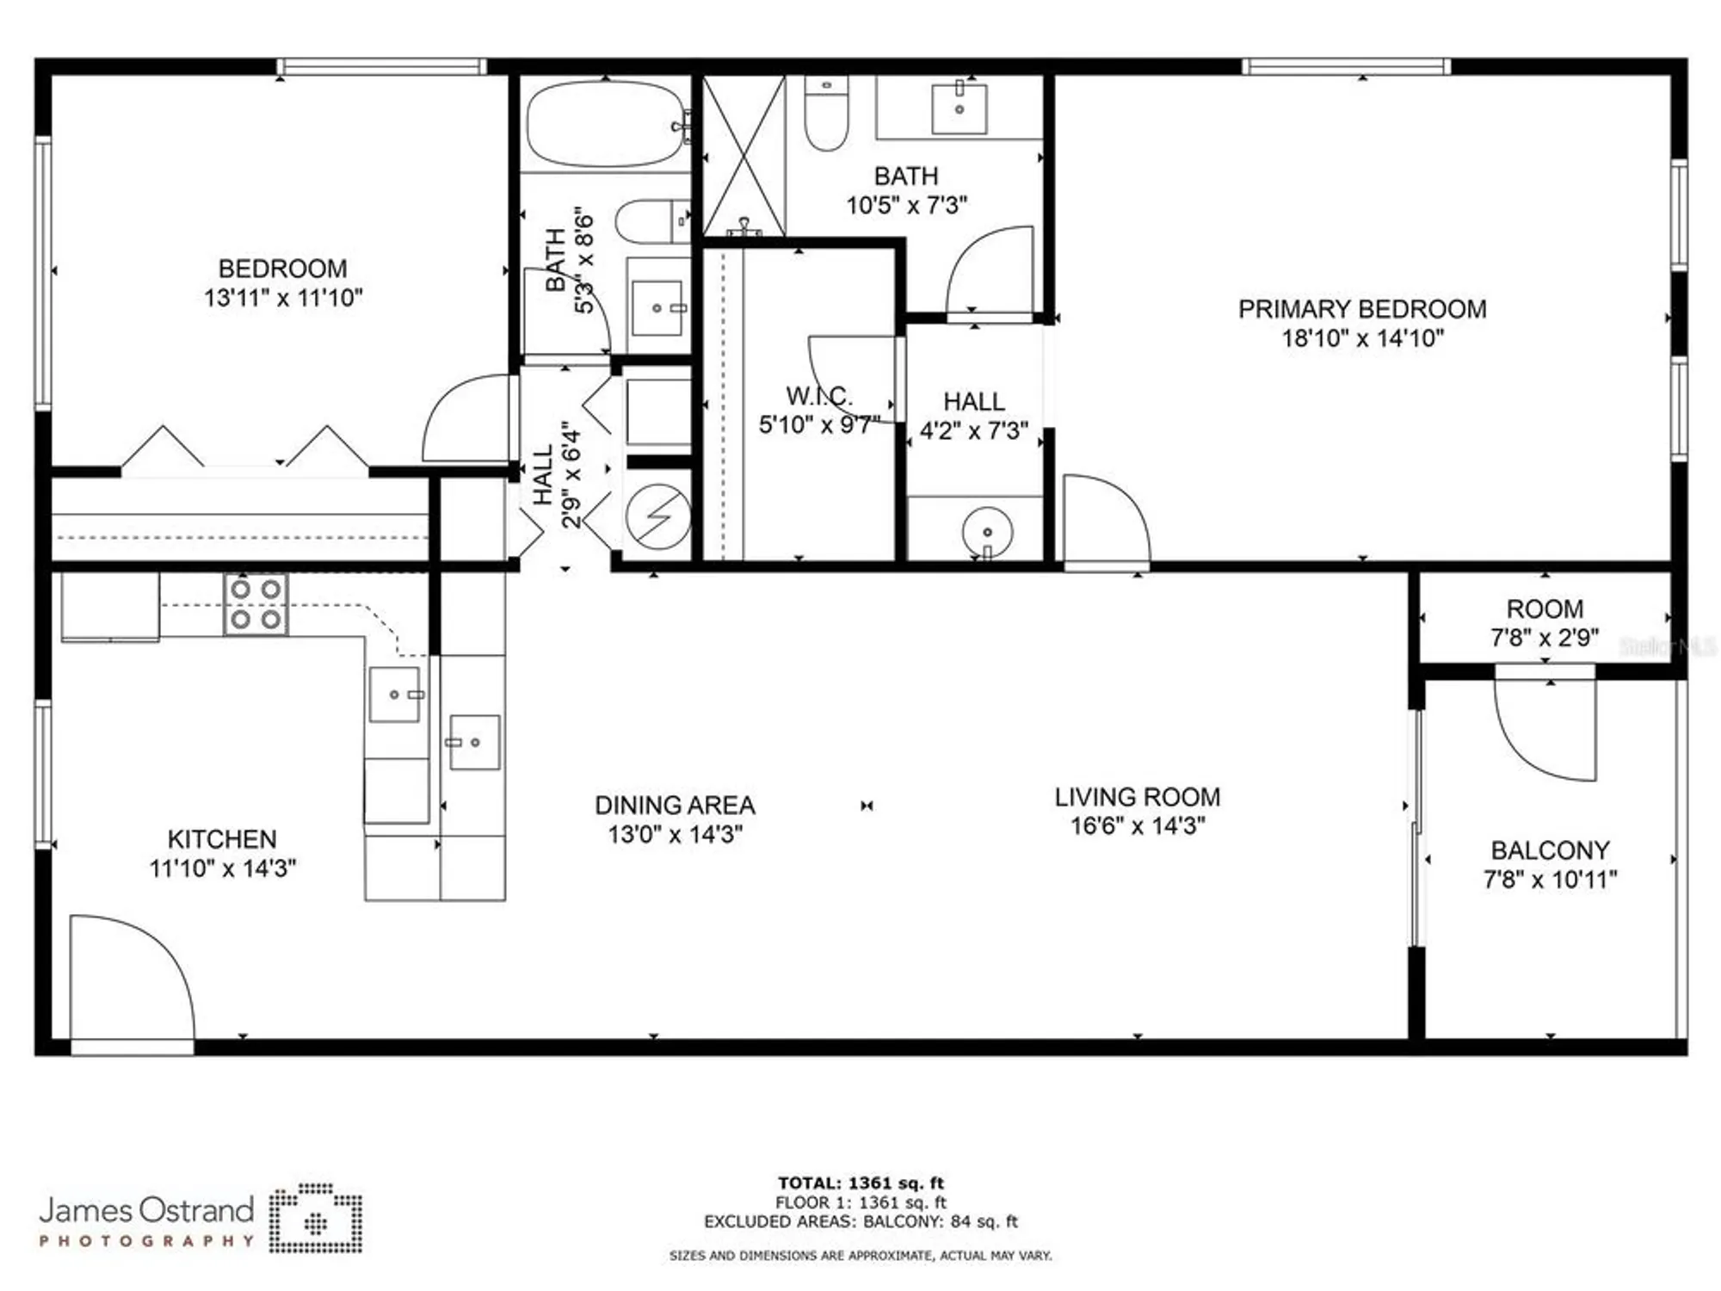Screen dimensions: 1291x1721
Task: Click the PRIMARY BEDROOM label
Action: (x=1361, y=309)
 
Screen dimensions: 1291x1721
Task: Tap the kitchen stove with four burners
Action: (x=256, y=604)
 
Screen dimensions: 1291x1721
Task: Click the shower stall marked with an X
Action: (x=743, y=155)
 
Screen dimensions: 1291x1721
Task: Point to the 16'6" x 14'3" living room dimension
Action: (x=1137, y=826)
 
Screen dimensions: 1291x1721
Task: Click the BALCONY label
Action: (x=1550, y=850)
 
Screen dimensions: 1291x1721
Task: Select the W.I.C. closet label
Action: (x=818, y=397)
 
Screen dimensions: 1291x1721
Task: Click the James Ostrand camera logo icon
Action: (x=316, y=1219)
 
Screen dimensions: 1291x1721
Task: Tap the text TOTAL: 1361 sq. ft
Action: (x=860, y=1183)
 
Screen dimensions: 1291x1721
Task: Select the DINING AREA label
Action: (x=675, y=806)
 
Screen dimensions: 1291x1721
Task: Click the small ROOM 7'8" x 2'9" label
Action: (x=1545, y=609)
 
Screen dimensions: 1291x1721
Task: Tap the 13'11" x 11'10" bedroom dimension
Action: (x=283, y=298)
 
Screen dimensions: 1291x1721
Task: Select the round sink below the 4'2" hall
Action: (x=987, y=533)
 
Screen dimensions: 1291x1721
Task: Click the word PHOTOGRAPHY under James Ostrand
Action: (x=147, y=1241)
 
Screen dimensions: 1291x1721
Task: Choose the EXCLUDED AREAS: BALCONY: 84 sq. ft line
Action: (x=860, y=1222)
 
